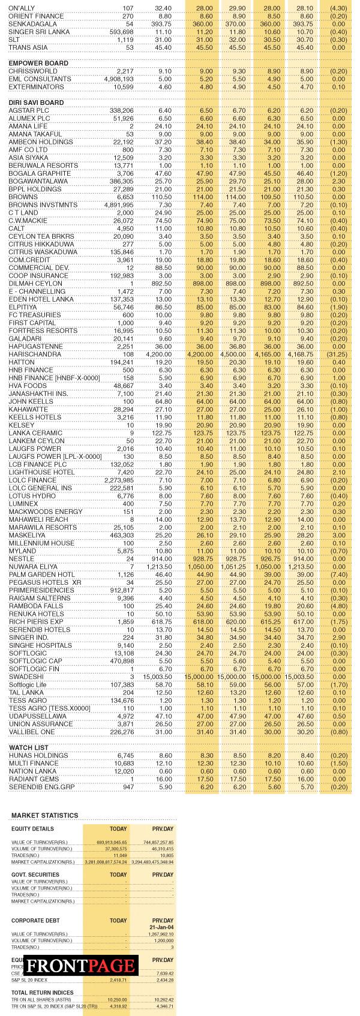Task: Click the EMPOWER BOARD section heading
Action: click(38, 63)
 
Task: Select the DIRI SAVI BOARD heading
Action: click(36, 103)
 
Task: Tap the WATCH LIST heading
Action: click(29, 747)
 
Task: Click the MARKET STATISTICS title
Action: click(44, 816)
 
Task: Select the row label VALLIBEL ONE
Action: click(32, 732)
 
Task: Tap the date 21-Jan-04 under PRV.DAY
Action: click(162, 927)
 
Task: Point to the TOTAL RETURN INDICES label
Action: click(42, 993)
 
